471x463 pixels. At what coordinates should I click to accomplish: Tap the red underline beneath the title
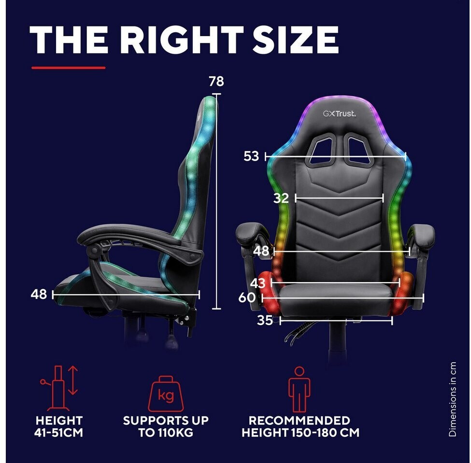tap(68, 68)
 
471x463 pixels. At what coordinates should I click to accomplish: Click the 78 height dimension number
tap(216, 82)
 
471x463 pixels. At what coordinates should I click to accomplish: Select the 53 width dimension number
tap(251, 156)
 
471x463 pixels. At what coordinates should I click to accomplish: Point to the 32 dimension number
tap(281, 198)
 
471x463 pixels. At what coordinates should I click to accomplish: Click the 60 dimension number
tap(247, 298)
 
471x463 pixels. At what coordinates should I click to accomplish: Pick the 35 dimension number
tap(265, 320)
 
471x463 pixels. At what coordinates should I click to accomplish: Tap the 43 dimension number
tap(258, 283)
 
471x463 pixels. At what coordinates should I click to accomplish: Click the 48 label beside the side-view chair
tap(39, 294)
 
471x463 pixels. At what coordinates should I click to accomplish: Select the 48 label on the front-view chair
tap(261, 251)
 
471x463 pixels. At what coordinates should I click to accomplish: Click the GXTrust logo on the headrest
tap(339, 114)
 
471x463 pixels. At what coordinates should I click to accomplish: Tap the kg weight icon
tap(166, 393)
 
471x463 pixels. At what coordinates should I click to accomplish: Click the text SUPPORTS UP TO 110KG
tap(166, 426)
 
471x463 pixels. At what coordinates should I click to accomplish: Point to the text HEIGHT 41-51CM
tap(59, 426)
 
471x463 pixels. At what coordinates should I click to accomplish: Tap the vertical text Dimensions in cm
tap(452, 399)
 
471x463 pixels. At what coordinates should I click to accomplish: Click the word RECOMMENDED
tap(300, 421)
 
